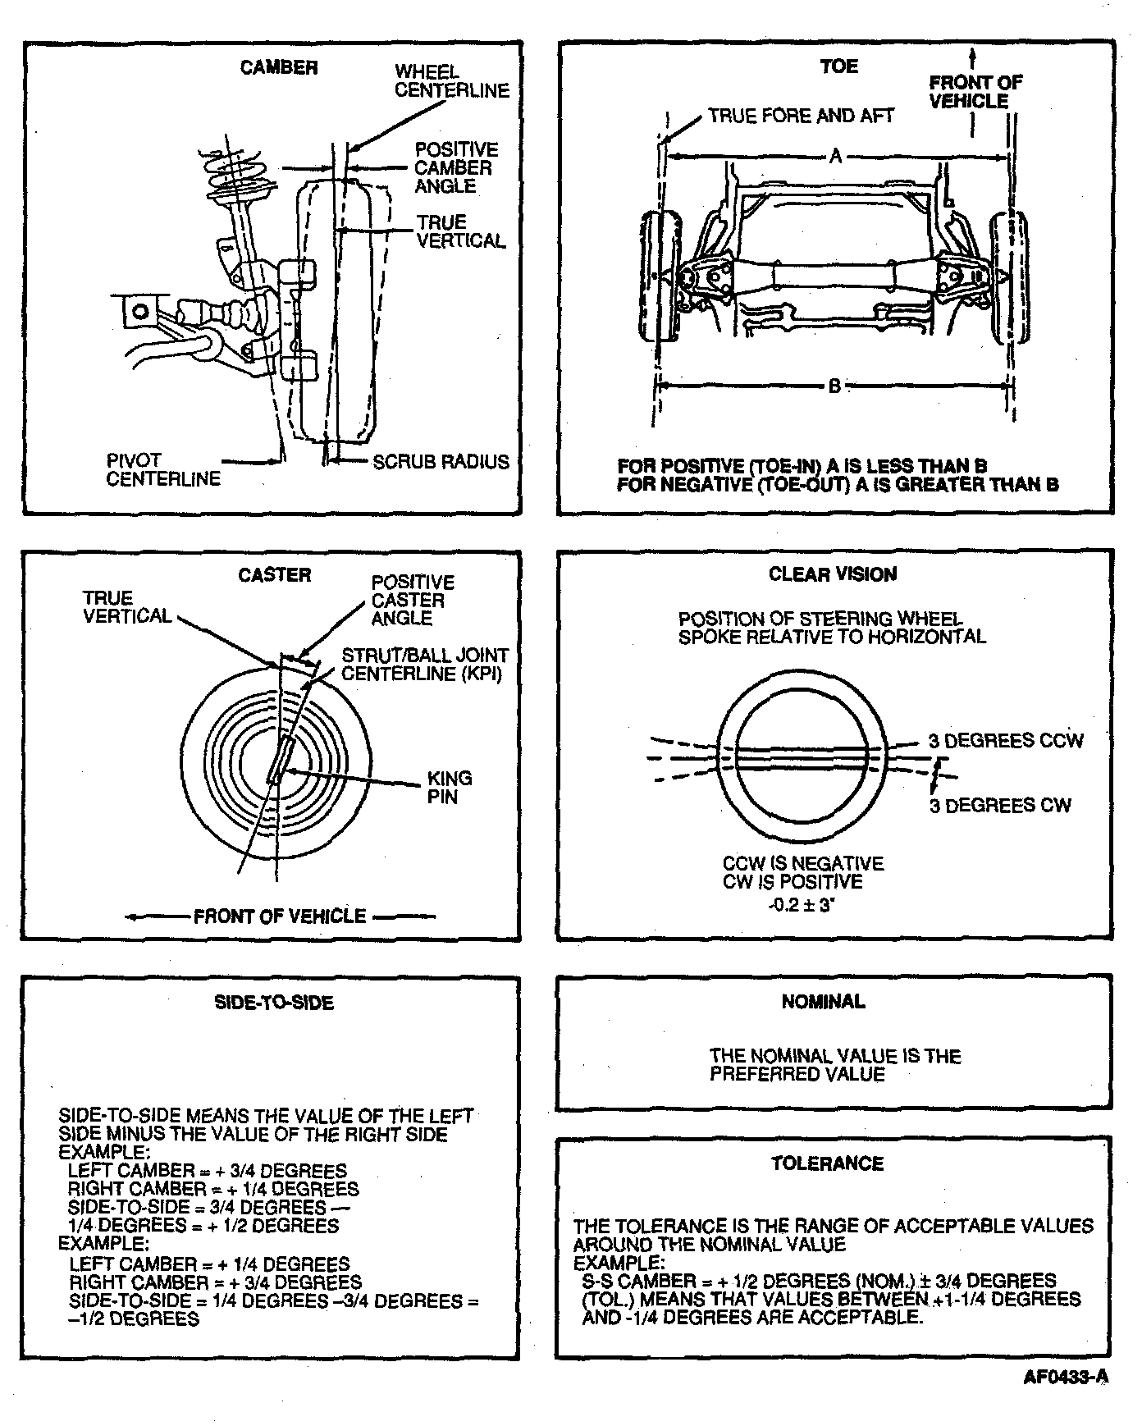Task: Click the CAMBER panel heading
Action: tap(278, 67)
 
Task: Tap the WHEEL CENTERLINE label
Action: tap(451, 81)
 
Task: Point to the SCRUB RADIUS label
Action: tap(441, 462)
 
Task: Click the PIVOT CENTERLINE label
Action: tap(162, 469)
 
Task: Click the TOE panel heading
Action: tap(838, 66)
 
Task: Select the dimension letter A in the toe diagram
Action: tap(835, 155)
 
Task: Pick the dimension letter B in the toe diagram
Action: tap(834, 385)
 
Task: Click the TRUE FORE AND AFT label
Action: tap(801, 117)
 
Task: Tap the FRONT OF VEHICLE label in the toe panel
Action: tap(975, 91)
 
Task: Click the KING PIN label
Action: tap(450, 787)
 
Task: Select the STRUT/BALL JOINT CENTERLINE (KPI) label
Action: tap(424, 665)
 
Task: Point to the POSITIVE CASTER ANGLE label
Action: tap(412, 600)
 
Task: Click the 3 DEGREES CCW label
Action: tap(1005, 741)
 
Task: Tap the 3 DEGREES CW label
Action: tap(999, 805)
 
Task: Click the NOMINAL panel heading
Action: tap(823, 1001)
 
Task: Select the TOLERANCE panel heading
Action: tap(827, 1163)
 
